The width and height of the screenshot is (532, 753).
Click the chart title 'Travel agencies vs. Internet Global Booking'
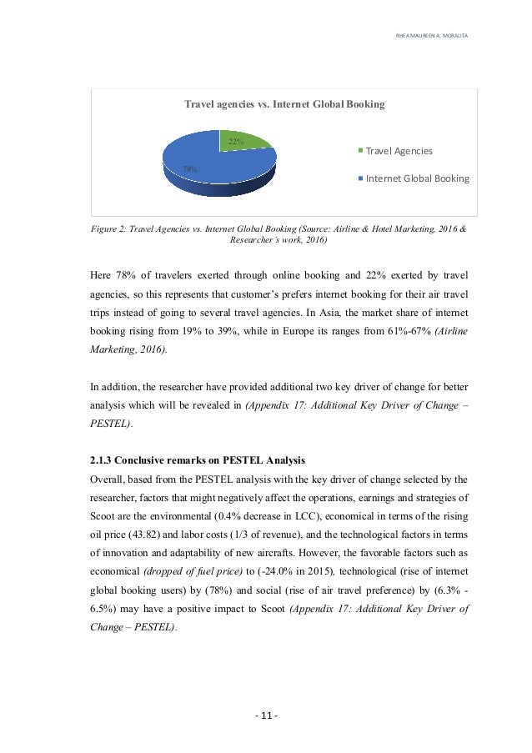[x=284, y=105]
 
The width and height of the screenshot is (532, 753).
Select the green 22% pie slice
[x=243, y=139]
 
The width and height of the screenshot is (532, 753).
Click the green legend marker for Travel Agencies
[x=360, y=151]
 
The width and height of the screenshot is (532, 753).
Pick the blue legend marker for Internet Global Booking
[x=360, y=178]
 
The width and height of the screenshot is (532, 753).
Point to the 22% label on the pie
[x=236, y=142]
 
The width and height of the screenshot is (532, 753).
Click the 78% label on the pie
[x=189, y=168]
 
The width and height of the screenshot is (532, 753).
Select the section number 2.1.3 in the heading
[x=103, y=461]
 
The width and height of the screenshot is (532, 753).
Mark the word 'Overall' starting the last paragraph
[x=107, y=479]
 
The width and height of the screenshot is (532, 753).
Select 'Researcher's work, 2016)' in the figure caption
[x=273, y=240]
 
